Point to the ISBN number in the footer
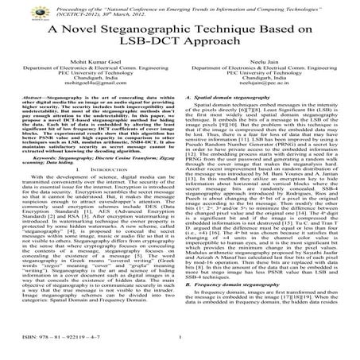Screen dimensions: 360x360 coord(52,349)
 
